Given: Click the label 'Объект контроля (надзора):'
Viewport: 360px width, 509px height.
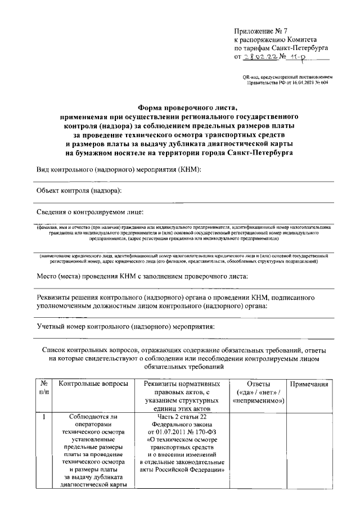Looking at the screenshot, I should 79,191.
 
